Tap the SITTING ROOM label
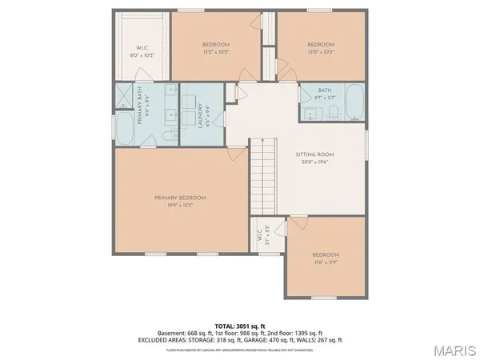(x=314, y=154)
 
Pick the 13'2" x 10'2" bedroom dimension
(x=215, y=52)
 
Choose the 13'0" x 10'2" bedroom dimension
(x=320, y=52)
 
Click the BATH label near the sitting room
(x=324, y=90)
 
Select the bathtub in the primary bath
(x=126, y=129)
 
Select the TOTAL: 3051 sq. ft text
(x=240, y=325)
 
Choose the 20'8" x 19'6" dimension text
(x=314, y=162)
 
